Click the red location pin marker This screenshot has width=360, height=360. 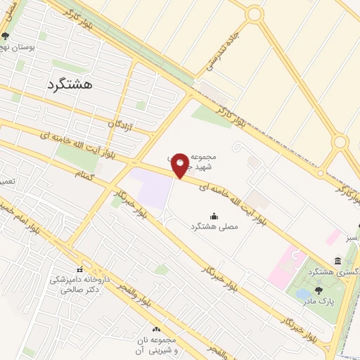click(180, 165)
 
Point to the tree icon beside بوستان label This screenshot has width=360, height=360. click(6, 37)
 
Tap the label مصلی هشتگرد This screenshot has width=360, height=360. click(215, 227)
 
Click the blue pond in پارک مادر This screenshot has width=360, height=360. click(303, 293)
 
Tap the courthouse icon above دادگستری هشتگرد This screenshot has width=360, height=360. click(339, 261)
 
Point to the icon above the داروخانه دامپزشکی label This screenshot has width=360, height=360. click(79, 269)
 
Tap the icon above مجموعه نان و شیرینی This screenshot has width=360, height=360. click(156, 329)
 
